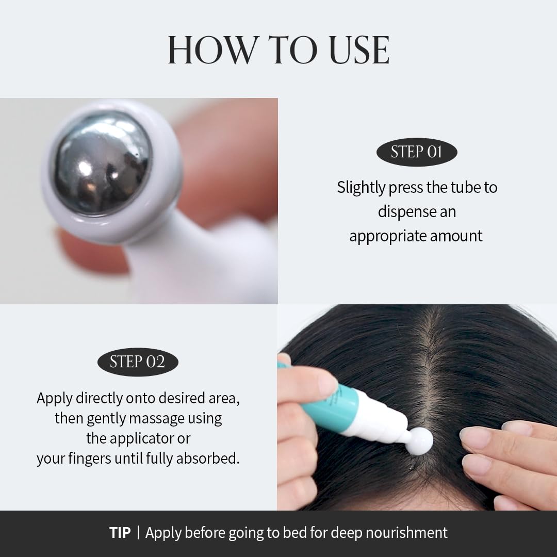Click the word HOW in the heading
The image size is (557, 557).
pos(211,50)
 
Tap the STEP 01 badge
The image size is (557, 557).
pos(416,152)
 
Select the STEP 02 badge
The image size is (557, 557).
pos(137,362)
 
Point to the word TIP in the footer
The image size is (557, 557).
pos(120,533)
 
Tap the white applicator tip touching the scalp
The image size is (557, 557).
pos(418,441)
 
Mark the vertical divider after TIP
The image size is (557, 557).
pos(138,533)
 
